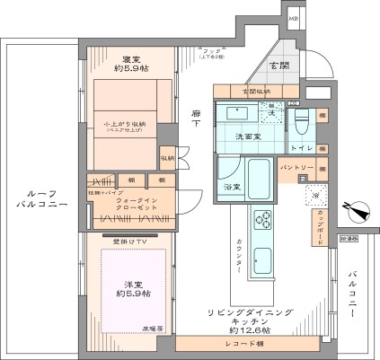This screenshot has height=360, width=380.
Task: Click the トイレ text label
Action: tap(301, 147)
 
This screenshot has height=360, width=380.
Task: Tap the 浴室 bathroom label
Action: tap(232, 186)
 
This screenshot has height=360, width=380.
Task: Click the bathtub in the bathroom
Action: tap(261, 180)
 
